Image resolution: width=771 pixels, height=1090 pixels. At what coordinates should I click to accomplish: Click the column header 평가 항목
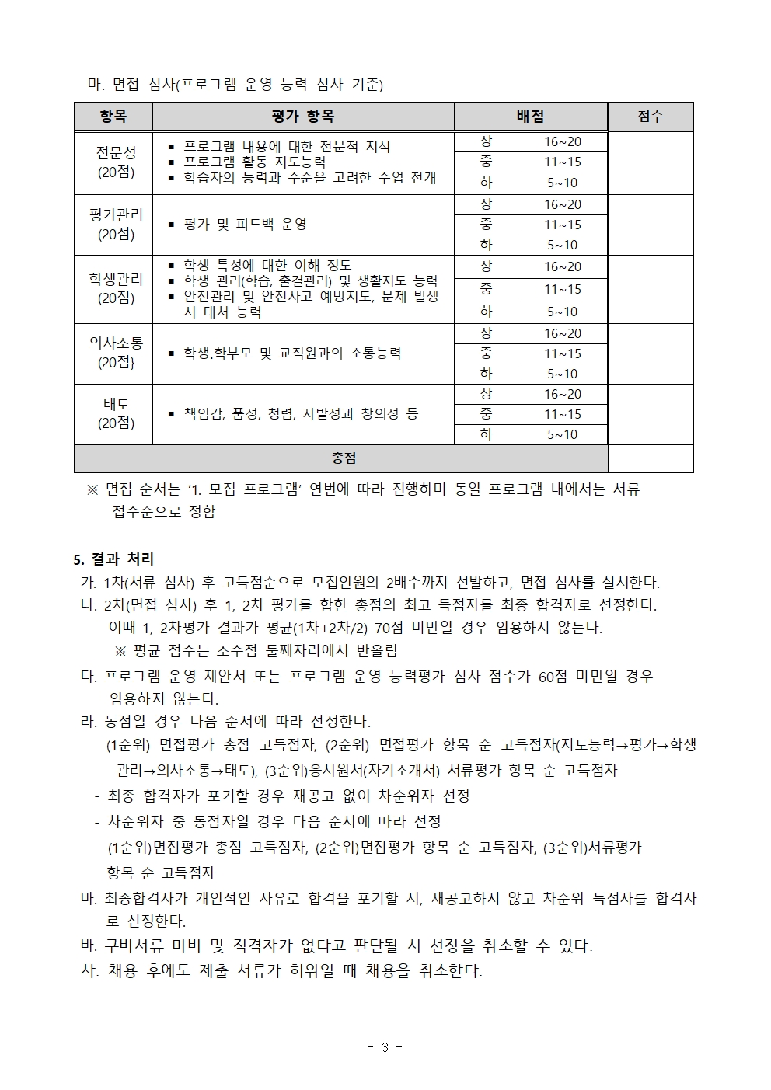click(x=303, y=117)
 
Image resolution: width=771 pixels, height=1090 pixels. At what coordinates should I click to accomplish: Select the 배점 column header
click(x=530, y=117)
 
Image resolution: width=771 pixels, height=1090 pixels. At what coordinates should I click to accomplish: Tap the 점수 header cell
click(x=650, y=117)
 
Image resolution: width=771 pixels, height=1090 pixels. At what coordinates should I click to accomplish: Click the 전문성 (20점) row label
click(x=116, y=162)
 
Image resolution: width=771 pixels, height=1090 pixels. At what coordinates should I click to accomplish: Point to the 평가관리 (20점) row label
click(x=116, y=224)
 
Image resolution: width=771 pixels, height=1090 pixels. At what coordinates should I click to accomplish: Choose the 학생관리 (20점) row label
click(x=116, y=288)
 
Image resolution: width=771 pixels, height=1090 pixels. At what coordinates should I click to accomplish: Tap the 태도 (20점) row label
click(x=116, y=413)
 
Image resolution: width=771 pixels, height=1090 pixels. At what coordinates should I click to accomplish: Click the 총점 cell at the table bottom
click(x=343, y=458)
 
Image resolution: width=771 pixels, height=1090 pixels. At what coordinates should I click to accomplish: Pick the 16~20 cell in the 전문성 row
click(x=563, y=141)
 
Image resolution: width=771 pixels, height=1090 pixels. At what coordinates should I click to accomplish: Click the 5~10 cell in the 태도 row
click(x=563, y=434)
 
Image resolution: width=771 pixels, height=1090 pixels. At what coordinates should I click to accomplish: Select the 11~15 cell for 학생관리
click(x=563, y=289)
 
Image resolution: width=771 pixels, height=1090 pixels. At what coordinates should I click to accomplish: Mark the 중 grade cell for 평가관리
click(x=486, y=225)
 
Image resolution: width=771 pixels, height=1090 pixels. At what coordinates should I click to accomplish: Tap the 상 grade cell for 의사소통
click(x=486, y=333)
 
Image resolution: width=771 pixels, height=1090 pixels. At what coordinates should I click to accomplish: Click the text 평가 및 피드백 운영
click(x=245, y=224)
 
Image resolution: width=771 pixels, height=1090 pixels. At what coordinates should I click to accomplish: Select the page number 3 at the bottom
click(x=385, y=1047)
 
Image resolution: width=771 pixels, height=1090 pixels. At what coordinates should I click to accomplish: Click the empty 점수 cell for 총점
click(x=650, y=458)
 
